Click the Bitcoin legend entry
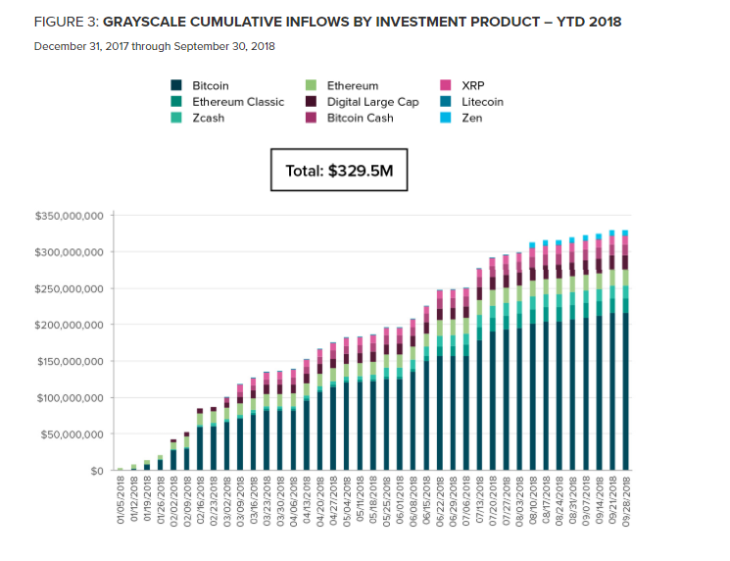[210, 86]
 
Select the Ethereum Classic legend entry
[237, 102]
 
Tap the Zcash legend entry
[209, 118]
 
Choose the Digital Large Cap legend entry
[373, 102]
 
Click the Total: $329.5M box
[338, 171]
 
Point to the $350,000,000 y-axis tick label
[70, 216]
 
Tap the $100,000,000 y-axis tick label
[70, 398]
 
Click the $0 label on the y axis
[97, 471]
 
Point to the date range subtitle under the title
[154, 46]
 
